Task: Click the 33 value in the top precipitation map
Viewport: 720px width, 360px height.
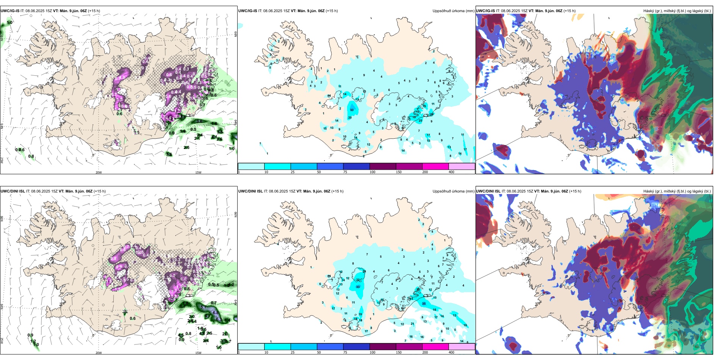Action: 352,110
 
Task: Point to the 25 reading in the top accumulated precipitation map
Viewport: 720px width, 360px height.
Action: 420,121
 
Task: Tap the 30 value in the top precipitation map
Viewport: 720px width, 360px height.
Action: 432,114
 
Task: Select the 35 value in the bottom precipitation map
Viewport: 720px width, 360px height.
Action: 424,304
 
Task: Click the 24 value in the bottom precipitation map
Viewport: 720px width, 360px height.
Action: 364,271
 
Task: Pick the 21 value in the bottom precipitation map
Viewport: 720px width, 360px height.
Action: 413,324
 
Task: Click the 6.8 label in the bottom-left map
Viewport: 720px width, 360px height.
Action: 216,313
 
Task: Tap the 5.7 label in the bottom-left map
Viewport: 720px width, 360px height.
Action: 203,307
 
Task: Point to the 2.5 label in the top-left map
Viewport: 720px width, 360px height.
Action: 187,147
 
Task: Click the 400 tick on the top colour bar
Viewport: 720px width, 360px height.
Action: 451,172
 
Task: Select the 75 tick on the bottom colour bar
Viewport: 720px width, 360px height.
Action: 345,352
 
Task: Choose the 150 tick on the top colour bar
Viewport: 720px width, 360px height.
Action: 399,172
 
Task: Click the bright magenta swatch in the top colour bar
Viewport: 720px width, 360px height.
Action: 435,166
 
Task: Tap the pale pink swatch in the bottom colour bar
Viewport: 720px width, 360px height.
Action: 462,347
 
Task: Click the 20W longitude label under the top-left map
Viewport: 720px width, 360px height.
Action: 99,172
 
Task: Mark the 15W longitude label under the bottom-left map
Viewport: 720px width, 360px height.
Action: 198,353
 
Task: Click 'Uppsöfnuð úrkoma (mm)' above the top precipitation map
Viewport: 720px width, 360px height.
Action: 453,11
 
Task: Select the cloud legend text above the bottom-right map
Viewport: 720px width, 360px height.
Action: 677,191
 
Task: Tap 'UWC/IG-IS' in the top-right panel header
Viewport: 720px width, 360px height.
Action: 485,11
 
